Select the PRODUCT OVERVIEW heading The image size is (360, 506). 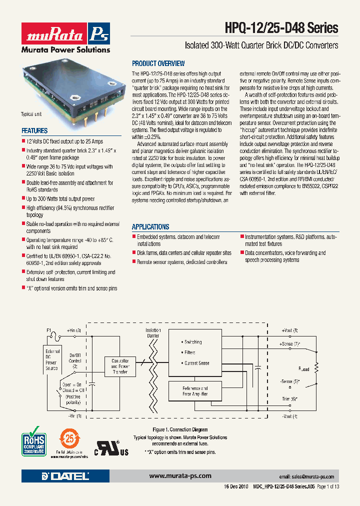coord(158,63)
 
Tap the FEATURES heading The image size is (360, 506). coord(34,130)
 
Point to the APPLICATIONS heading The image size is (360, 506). coord(150,226)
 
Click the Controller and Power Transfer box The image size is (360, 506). coord(120,366)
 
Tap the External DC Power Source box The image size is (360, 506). coord(52,360)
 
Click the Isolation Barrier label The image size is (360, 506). coord(153,333)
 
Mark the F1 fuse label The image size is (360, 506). coord(49,330)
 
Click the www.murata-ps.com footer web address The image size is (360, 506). coord(180,475)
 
